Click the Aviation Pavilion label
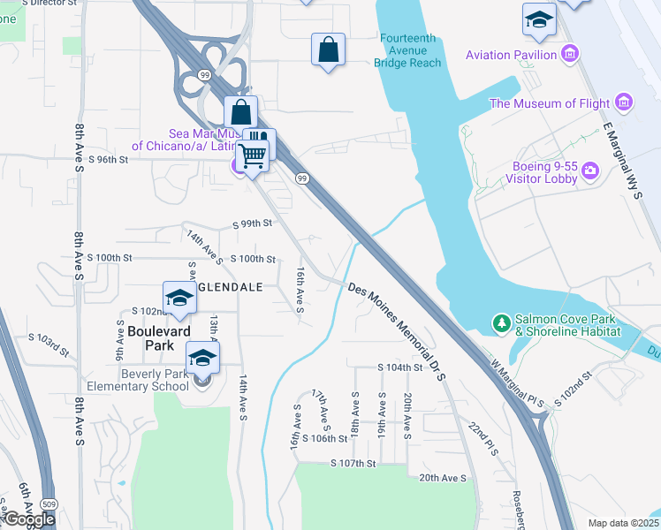pos(512,56)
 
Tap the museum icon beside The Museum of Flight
pos(625,102)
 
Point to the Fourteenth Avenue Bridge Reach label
pos(407,50)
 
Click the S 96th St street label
pos(109,160)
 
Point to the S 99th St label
pos(252,224)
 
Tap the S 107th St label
pos(353,463)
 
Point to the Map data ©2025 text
pos(621,523)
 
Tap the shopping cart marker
pos(254,157)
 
